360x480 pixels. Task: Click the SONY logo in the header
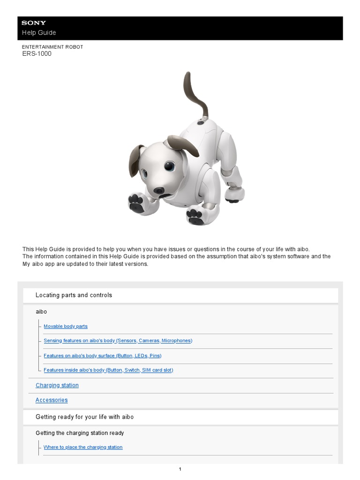pyautogui.click(x=34, y=23)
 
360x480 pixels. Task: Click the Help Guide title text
pyautogui.click(x=39, y=33)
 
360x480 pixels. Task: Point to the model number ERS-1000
pyautogui.click(x=37, y=54)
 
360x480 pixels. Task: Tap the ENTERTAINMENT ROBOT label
pyautogui.click(x=52, y=47)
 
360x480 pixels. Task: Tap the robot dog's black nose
pyautogui.click(x=159, y=190)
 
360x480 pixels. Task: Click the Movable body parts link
pyautogui.click(x=66, y=326)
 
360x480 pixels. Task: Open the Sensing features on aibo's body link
pyautogui.click(x=118, y=341)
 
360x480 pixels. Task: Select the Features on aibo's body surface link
pyautogui.click(x=102, y=356)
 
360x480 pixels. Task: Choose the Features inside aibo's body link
pyautogui.click(x=108, y=370)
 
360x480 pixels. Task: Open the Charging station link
pyautogui.click(x=57, y=385)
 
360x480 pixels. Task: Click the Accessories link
pyautogui.click(x=52, y=400)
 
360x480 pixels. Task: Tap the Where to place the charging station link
pyautogui.click(x=83, y=447)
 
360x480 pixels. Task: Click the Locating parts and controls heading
pyautogui.click(x=74, y=295)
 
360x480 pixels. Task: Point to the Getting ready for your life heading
pyautogui.click(x=84, y=417)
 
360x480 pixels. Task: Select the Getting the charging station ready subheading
pyautogui.click(x=80, y=433)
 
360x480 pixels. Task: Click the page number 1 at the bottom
pyautogui.click(x=180, y=469)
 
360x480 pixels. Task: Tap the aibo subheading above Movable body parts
pyautogui.click(x=41, y=312)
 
